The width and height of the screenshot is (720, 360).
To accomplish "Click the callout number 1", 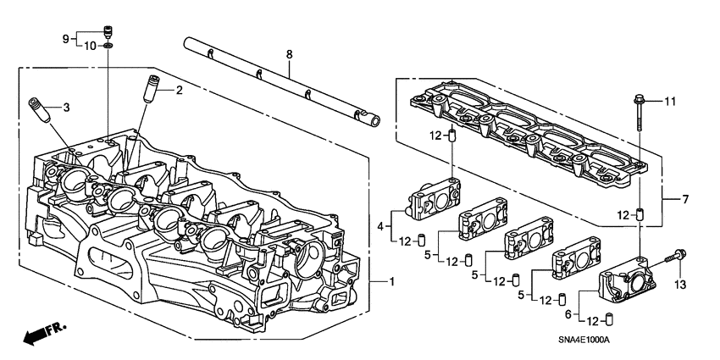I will [x=391, y=281].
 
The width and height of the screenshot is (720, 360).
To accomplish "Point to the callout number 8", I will [x=289, y=55].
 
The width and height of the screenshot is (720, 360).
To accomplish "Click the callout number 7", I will [x=687, y=200].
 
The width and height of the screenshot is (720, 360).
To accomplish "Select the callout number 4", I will [x=381, y=225].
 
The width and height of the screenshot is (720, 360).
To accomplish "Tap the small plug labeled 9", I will [x=108, y=33].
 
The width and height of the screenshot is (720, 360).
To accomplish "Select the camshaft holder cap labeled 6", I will [x=627, y=286].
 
